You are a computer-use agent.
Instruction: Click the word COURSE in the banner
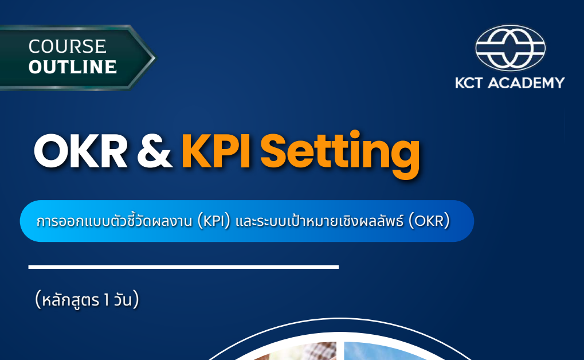tap(67, 46)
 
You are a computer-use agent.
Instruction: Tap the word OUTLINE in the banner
tap(72, 67)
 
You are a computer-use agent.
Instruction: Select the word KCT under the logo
tap(473, 83)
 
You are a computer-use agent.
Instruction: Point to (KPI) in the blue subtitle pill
tap(214, 221)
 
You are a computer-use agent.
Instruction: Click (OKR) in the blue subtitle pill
tap(429, 221)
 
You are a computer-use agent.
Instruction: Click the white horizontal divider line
tap(183, 267)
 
